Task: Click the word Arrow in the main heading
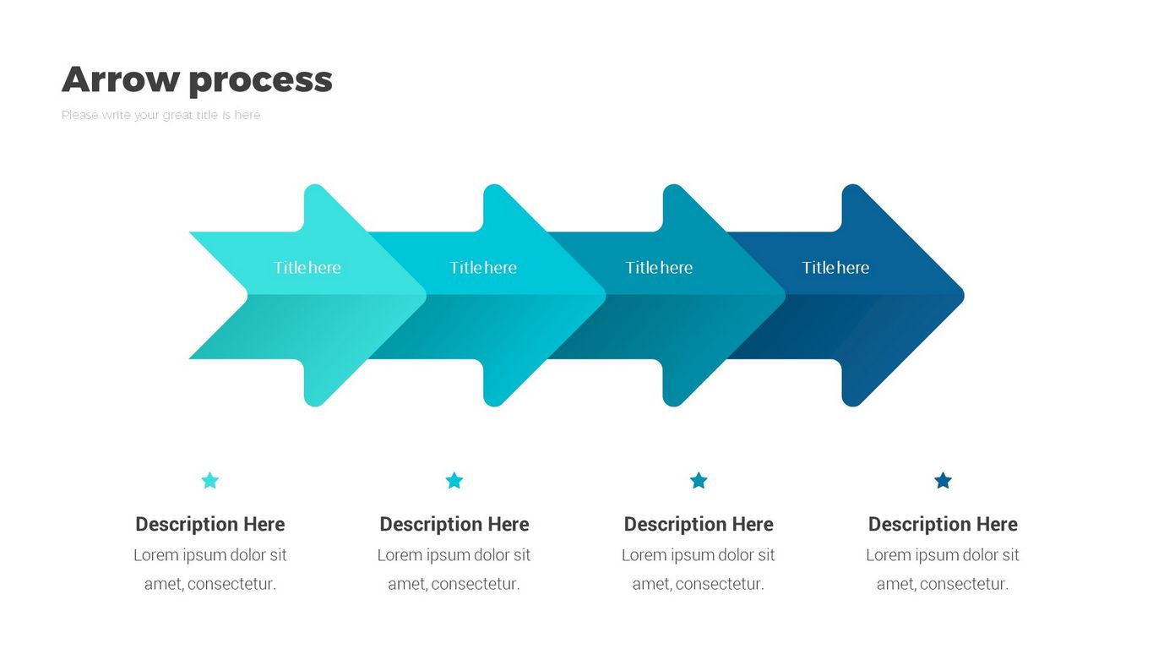[x=120, y=79]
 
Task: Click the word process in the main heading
[x=261, y=81]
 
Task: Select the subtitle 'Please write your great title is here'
[x=160, y=115]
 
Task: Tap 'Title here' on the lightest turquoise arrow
[x=307, y=267]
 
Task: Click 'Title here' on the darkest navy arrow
[x=835, y=267]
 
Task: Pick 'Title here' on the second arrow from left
[x=483, y=267]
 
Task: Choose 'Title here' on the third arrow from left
[x=659, y=267]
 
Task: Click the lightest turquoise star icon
[x=210, y=480]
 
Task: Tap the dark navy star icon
[x=943, y=480]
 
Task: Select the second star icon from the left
[x=454, y=480]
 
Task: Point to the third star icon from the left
[x=699, y=480]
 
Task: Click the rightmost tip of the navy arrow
[x=964, y=295]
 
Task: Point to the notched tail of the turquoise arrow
[x=247, y=295]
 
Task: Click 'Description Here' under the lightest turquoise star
[x=210, y=524]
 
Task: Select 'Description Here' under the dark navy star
[x=943, y=524]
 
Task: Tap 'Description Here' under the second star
[x=454, y=524]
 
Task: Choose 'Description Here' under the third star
[x=699, y=524]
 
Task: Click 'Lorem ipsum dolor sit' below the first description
[x=210, y=554]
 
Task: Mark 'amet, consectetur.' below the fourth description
[x=943, y=584]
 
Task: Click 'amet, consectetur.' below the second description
[x=454, y=584]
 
